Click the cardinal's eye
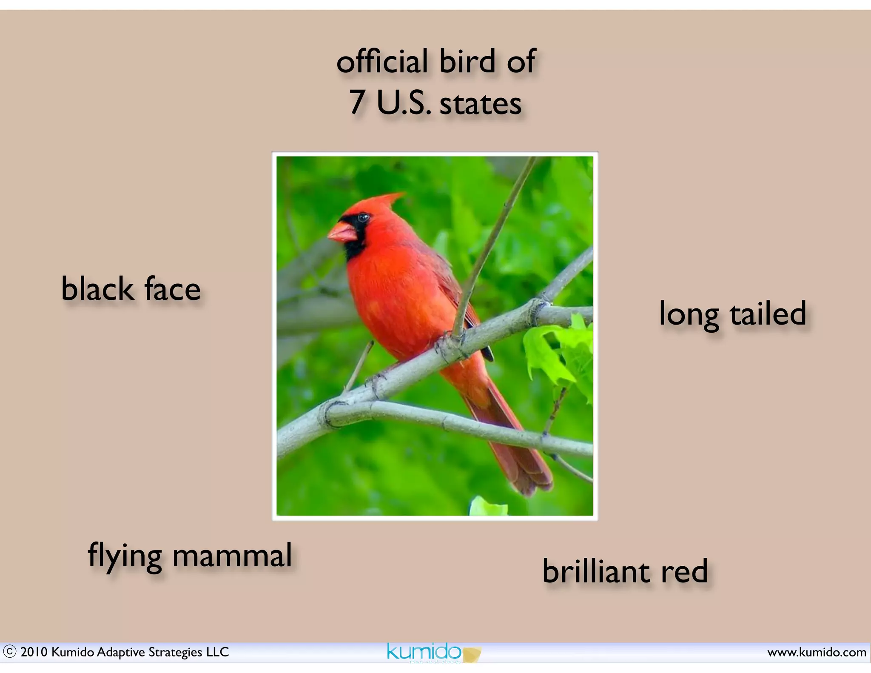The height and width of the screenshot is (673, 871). point(363,218)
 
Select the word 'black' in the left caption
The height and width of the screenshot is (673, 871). point(97,289)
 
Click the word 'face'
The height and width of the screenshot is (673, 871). point(172,289)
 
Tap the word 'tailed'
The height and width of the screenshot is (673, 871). point(768,314)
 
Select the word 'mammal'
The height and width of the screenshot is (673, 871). point(232,556)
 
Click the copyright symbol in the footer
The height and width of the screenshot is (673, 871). point(9,652)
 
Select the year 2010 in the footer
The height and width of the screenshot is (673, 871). point(34,652)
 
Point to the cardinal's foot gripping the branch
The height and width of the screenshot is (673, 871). point(449,345)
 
